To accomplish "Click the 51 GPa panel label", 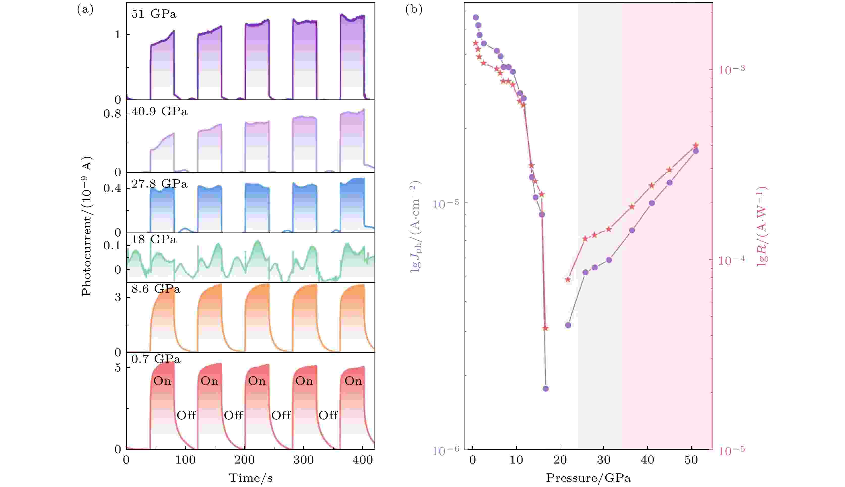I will click(x=154, y=14).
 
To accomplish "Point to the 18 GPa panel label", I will click(x=154, y=240).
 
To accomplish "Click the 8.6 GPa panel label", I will click(x=156, y=289).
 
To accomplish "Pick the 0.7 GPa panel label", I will click(x=156, y=359).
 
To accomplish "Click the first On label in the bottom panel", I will click(x=162, y=381).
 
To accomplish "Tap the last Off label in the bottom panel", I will click(x=328, y=415).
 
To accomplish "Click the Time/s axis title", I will click(x=251, y=478).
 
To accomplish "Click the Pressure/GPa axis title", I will click(x=588, y=478).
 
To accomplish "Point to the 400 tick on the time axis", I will click(x=363, y=460).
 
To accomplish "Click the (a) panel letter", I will click(x=85, y=10).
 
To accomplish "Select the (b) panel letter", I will click(x=414, y=10).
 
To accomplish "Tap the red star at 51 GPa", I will click(x=696, y=145).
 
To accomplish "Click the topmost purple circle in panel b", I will click(x=476, y=17).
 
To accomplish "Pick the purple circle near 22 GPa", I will click(x=568, y=325).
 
